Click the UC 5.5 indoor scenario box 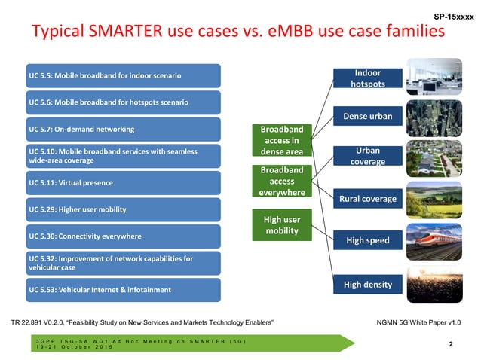click(124, 75)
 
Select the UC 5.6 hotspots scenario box click(124, 102)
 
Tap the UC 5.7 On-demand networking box click(124, 129)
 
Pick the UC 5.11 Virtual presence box click(124, 182)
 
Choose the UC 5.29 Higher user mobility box click(124, 209)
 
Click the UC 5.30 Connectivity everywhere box click(124, 236)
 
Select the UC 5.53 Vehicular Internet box click(124, 289)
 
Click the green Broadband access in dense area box click(281, 140)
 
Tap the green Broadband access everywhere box click(281, 182)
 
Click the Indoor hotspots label click(367, 78)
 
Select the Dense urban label click(367, 117)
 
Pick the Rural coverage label click(367, 199)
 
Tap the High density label click(367, 284)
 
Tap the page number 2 click(450, 345)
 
